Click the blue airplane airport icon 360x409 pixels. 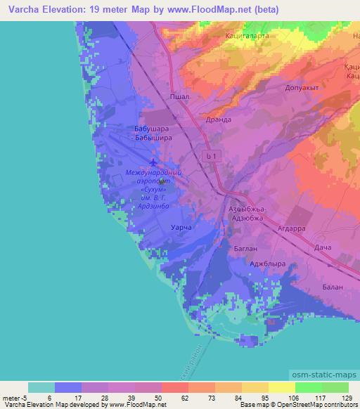pyautogui.click(x=154, y=165)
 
